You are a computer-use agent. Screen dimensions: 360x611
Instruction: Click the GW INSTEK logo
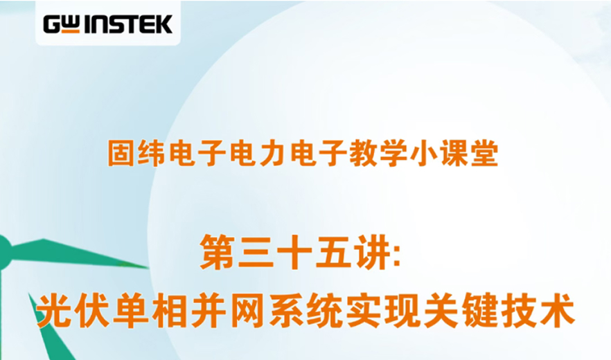click(x=107, y=25)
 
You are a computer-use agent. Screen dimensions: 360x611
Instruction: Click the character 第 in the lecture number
click(x=217, y=253)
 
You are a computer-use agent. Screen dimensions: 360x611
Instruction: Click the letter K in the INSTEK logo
click(x=163, y=25)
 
